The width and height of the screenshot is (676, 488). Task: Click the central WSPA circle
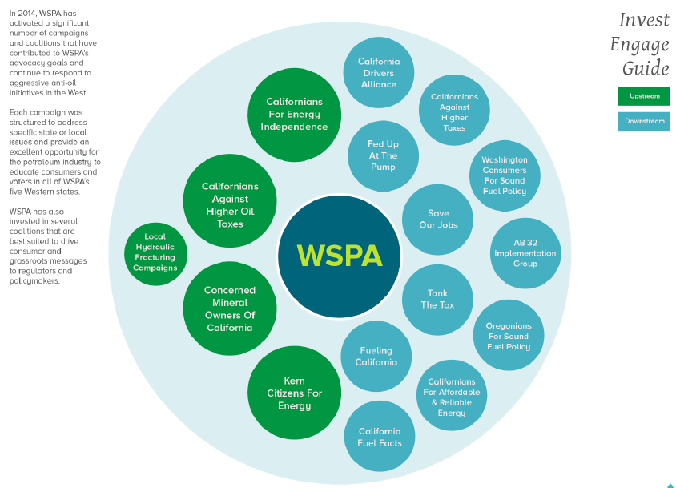(339, 256)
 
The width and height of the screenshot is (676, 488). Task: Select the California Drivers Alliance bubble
(379, 73)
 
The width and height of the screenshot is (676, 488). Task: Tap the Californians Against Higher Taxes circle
(454, 111)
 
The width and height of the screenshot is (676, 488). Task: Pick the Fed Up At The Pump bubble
(383, 155)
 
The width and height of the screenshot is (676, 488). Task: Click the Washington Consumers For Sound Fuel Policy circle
(505, 175)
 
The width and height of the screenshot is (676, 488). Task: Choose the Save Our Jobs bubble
(438, 220)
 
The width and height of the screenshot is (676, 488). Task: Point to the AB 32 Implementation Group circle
(525, 253)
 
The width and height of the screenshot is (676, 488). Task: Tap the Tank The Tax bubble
(437, 300)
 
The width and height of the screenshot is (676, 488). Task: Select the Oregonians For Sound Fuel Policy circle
(509, 335)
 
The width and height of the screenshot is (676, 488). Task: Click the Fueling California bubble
(376, 357)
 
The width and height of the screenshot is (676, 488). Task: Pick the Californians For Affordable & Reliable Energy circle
(452, 395)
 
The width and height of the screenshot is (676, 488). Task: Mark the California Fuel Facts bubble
(380, 437)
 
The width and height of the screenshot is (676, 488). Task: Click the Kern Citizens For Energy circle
(295, 393)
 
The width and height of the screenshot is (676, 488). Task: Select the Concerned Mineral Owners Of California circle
(230, 309)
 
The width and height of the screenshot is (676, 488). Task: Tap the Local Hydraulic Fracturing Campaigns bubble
(155, 252)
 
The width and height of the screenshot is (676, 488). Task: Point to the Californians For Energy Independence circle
(294, 115)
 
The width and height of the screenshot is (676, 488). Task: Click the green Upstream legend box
(644, 96)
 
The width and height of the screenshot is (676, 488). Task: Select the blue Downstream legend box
(644, 122)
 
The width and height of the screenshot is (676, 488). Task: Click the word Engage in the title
(639, 44)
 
